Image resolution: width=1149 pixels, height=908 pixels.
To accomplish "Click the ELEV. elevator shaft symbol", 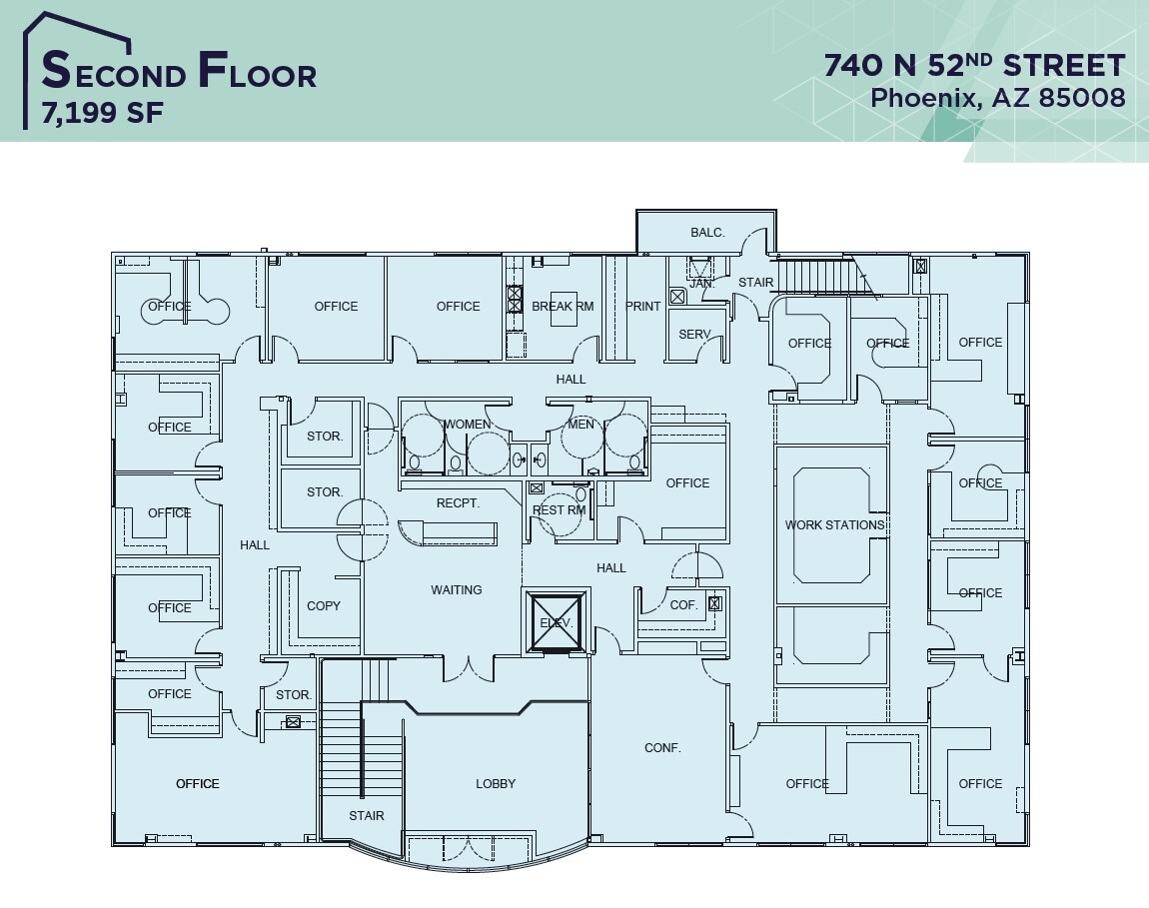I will pyautogui.click(x=557, y=622).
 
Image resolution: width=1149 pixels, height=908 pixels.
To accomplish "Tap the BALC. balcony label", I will pyautogui.click(x=707, y=233).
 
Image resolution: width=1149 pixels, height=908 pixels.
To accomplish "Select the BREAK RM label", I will pyautogui.click(x=563, y=307).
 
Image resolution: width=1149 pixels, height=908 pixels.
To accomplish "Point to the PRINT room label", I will pyautogui.click(x=643, y=307).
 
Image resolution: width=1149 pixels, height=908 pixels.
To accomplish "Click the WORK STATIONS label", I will pyautogui.click(x=834, y=525).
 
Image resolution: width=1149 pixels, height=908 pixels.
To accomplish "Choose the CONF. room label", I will pyautogui.click(x=662, y=747).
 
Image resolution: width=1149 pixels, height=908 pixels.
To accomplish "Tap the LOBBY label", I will pyautogui.click(x=496, y=784).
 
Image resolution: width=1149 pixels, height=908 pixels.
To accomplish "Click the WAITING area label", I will pyautogui.click(x=457, y=590).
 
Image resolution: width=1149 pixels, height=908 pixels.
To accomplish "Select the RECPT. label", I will pyautogui.click(x=458, y=503).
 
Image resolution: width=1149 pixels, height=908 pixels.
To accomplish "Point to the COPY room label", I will pyautogui.click(x=324, y=606).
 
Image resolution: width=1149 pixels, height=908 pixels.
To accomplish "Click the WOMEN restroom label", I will pyautogui.click(x=468, y=425).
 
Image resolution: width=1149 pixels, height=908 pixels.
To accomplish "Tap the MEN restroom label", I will pyautogui.click(x=580, y=425).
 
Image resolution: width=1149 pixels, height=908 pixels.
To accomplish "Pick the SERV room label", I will pyautogui.click(x=694, y=335).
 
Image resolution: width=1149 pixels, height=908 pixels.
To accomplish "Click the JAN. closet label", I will pyautogui.click(x=702, y=284).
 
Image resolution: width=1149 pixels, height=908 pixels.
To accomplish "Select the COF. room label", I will pyautogui.click(x=683, y=605).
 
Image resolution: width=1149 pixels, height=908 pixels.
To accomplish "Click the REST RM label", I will pyautogui.click(x=559, y=510).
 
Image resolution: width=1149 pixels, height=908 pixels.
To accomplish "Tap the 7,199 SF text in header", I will pyautogui.click(x=102, y=113).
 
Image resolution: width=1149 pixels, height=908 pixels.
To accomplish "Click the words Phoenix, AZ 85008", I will pyautogui.click(x=997, y=98).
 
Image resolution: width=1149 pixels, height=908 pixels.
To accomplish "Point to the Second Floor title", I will pyautogui.click(x=179, y=72).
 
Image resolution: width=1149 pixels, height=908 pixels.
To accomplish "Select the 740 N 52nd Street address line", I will pyautogui.click(x=974, y=65).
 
